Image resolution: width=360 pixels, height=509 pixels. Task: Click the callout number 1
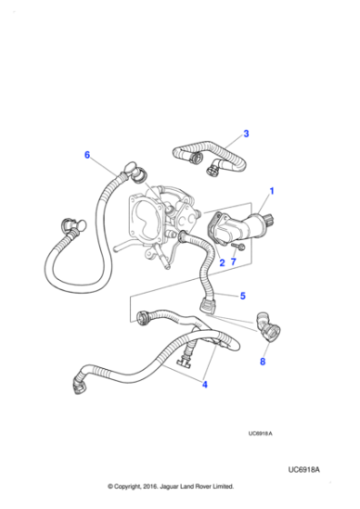coord(270,192)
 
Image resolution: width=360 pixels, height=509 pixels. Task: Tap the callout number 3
coord(245,135)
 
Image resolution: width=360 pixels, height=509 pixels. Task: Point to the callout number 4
coord(205,384)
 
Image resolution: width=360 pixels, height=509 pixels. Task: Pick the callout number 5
coord(243,295)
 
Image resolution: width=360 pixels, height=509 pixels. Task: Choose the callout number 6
coord(88,155)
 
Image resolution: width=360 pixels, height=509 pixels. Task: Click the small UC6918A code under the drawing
coord(260,434)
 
